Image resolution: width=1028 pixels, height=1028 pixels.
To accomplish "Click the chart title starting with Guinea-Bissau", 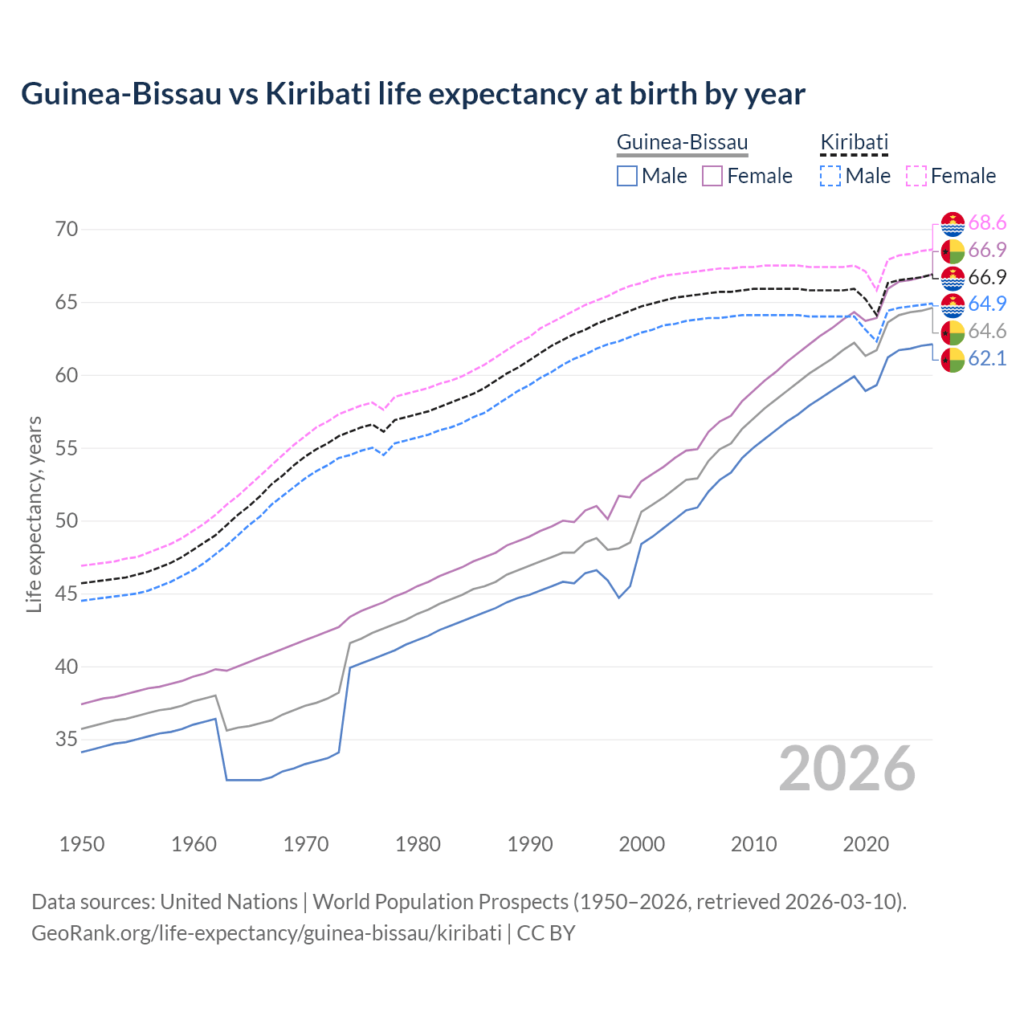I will (413, 94).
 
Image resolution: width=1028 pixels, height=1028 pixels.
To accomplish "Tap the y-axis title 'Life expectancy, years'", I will (34, 514).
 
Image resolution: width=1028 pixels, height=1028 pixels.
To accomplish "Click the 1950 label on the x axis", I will (82, 844).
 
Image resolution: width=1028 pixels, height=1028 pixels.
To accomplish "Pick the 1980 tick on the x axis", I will (418, 844).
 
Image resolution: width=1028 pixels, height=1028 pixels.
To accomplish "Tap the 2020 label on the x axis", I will (866, 844).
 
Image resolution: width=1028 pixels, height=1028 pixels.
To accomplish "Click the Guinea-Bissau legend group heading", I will (682, 143).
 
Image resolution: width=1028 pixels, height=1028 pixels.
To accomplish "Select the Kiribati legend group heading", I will (854, 143).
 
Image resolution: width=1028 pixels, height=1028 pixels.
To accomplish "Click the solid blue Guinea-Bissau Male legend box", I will (627, 176).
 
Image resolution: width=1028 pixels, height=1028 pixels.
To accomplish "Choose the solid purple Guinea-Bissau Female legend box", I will (712, 176).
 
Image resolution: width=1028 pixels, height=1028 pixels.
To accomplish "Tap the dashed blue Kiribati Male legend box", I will (830, 176).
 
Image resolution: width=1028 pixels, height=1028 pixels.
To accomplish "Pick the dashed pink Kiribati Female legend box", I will (916, 176).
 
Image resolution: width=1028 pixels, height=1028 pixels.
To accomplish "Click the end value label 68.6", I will (987, 223).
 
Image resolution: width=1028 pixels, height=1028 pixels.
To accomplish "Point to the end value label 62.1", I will (987, 359).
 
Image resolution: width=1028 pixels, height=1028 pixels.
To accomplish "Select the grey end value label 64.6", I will (987, 332).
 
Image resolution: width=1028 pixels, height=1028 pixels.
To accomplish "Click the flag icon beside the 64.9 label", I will (953, 305).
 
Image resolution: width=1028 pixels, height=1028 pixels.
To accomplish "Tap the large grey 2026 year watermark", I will (847, 769).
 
